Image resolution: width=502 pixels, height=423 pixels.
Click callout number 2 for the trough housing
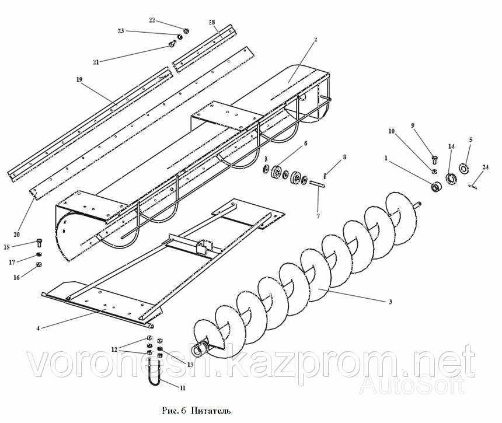(x=316, y=40)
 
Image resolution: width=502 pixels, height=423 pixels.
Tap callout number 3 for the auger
(x=390, y=302)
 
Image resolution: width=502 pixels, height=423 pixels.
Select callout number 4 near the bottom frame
(x=38, y=328)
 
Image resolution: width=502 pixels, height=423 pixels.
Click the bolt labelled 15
(x=40, y=242)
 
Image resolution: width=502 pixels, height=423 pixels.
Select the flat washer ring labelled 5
(x=463, y=169)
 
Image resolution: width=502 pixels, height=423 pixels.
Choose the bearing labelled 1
(x=435, y=187)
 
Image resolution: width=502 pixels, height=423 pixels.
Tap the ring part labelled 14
(x=451, y=179)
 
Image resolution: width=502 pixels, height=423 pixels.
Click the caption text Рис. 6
(x=173, y=411)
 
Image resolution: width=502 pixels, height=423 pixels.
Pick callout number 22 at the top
(x=152, y=20)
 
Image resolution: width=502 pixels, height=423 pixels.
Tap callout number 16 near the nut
(x=16, y=278)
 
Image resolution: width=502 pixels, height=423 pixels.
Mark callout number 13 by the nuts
(x=190, y=365)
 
